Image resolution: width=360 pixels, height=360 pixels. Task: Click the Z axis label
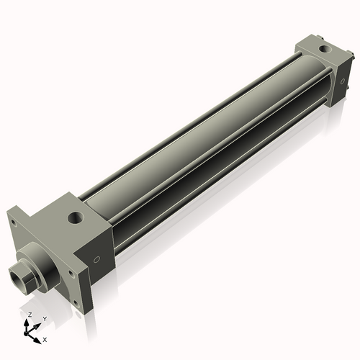pos(29,315)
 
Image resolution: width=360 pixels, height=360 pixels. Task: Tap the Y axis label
pos(44,318)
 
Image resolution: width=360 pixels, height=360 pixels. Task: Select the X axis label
pos(45,338)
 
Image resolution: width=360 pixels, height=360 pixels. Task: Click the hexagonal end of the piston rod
pos(20,275)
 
